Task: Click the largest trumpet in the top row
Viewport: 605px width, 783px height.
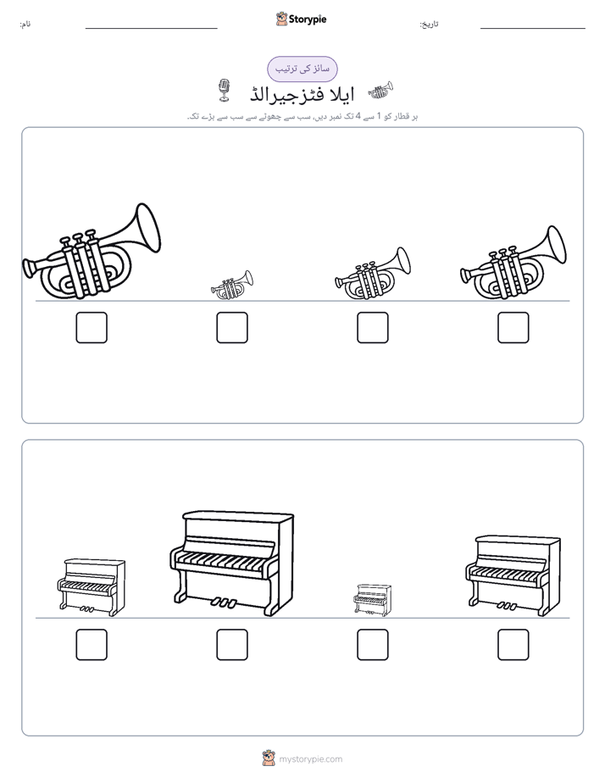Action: click(92, 253)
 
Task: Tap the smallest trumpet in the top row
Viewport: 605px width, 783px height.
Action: click(232, 286)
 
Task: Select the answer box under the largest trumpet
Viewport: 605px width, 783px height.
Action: click(92, 328)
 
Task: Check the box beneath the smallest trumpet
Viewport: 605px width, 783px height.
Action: click(232, 328)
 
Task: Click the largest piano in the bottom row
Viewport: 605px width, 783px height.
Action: click(232, 564)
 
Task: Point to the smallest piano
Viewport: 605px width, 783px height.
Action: click(372, 600)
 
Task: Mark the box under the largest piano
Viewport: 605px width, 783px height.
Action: click(232, 645)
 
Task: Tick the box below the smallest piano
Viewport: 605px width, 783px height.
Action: click(372, 645)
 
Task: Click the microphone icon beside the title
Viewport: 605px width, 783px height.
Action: click(225, 91)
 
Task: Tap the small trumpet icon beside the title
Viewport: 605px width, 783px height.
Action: click(380, 91)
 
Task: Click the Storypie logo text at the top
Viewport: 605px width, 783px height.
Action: click(308, 19)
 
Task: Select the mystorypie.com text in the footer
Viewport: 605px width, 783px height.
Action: click(310, 759)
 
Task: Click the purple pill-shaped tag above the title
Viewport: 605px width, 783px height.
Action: click(302, 69)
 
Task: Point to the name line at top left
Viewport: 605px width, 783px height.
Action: click(151, 29)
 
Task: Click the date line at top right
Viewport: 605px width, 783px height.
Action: click(533, 29)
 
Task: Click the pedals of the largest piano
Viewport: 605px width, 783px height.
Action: click(224, 603)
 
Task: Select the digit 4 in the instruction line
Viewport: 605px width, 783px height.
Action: click(358, 116)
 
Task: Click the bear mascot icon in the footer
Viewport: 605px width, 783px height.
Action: click(269, 758)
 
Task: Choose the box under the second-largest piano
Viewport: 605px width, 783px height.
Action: click(513, 645)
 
